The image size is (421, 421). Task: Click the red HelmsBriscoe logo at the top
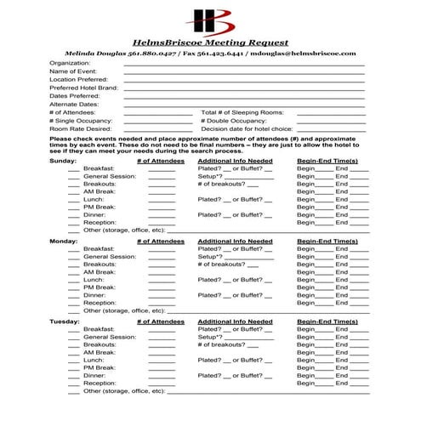(x=210, y=20)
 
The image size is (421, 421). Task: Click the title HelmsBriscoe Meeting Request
(x=211, y=42)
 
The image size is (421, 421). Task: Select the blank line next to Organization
(x=244, y=64)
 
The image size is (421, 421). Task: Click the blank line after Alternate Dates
(x=244, y=105)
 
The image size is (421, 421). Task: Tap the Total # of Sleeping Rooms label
(x=242, y=112)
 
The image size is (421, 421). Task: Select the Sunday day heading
(x=63, y=161)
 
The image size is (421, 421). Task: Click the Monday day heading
(x=64, y=241)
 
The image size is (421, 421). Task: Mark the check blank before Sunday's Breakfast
(x=74, y=169)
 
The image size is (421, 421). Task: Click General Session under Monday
(x=110, y=256)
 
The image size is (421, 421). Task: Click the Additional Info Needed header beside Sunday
(x=235, y=161)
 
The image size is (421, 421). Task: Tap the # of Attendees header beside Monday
(x=160, y=241)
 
